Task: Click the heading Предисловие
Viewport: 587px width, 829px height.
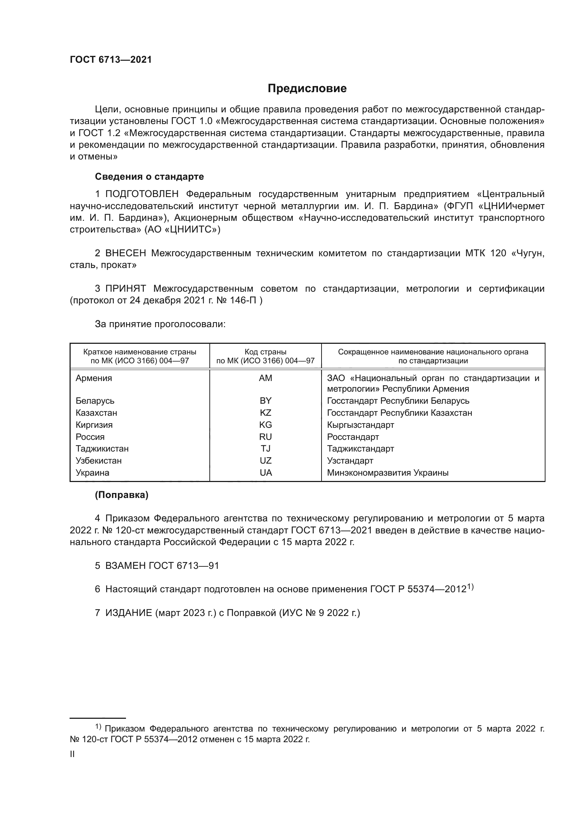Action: [x=307, y=89]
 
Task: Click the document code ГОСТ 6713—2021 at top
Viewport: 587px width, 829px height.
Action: [x=111, y=60]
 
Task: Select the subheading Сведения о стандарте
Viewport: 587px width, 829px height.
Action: [x=149, y=177]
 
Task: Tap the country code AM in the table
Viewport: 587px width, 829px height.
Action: [x=265, y=378]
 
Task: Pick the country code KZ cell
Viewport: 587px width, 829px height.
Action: [x=265, y=413]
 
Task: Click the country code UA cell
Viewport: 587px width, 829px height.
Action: [x=266, y=473]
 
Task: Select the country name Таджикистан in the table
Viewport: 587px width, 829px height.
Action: [x=102, y=449]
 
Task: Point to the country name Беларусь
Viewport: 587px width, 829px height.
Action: [x=95, y=401]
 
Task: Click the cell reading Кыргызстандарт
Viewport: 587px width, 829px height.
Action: [x=360, y=425]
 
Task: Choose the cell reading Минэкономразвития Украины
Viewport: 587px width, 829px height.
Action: [x=388, y=473]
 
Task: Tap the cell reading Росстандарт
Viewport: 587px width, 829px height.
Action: [x=353, y=437]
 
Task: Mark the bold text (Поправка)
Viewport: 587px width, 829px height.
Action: [x=121, y=495]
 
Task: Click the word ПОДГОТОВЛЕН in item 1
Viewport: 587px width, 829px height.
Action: [x=142, y=194]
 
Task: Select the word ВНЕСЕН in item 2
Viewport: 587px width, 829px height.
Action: [x=125, y=253]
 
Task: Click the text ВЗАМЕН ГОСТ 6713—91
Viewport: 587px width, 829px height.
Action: [x=162, y=566]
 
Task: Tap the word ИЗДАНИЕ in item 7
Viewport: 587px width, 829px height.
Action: [x=129, y=613]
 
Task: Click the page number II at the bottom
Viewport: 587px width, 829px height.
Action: [x=72, y=754]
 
